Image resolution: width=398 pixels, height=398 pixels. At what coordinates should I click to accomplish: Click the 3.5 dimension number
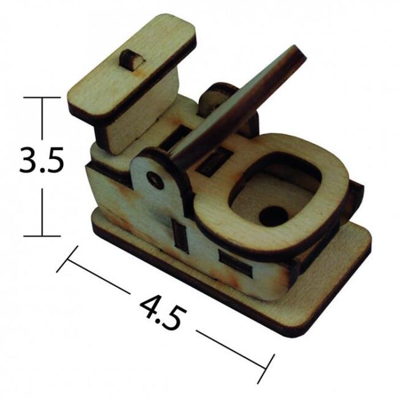[x=42, y=160]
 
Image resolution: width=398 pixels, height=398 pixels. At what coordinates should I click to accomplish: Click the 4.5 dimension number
[x=163, y=314]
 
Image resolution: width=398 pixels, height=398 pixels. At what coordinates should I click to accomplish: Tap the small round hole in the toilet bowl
[x=273, y=217]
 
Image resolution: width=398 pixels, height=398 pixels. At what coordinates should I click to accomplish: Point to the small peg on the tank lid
[x=131, y=60]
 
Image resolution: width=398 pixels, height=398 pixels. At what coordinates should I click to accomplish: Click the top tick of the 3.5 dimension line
[x=42, y=97]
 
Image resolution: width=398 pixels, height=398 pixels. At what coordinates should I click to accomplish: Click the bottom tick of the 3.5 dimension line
[x=42, y=236]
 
